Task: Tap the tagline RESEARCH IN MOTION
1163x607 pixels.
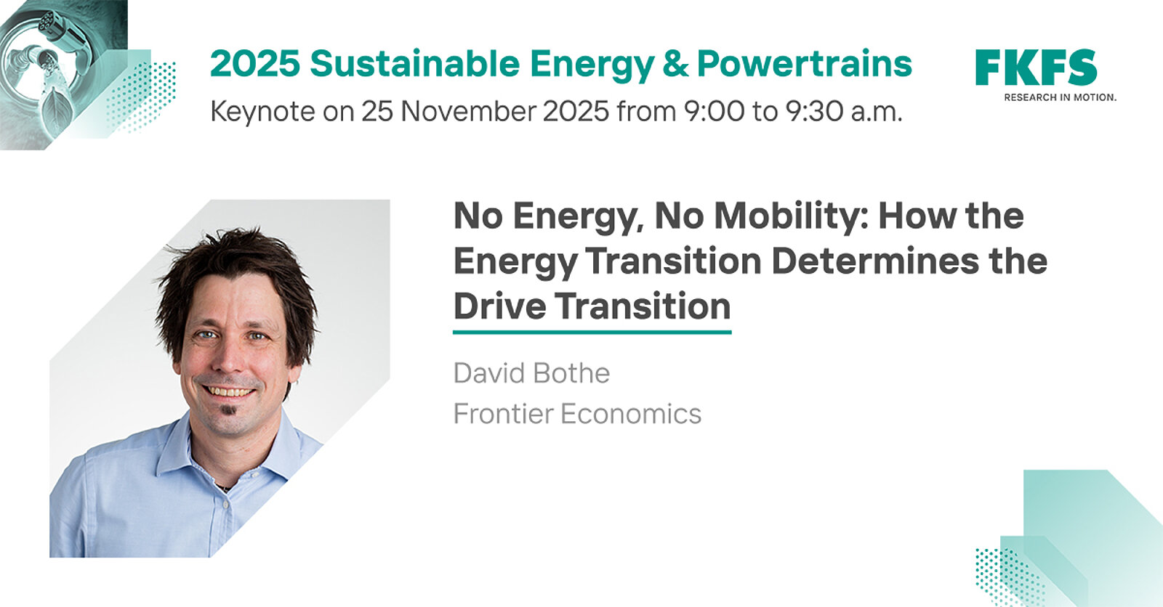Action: [x=1061, y=97]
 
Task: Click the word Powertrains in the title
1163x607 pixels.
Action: [x=804, y=64]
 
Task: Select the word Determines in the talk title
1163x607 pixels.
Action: [x=875, y=261]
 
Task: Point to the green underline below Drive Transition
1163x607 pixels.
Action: [x=592, y=332]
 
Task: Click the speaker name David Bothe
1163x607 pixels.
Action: [x=531, y=373]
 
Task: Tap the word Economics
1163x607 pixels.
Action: [x=631, y=413]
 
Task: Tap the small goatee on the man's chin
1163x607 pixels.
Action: [x=228, y=412]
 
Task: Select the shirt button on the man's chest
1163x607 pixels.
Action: [x=225, y=505]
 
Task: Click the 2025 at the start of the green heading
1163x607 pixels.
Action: [x=255, y=64]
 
